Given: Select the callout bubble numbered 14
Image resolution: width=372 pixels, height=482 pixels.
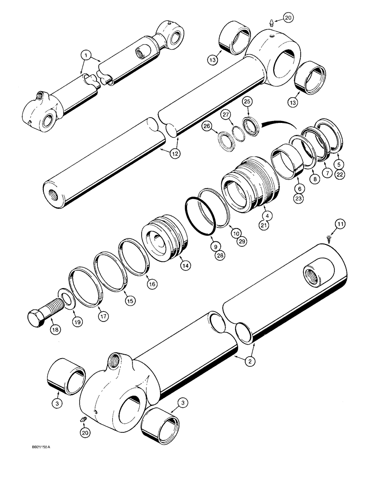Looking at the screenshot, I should coord(183,265).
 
